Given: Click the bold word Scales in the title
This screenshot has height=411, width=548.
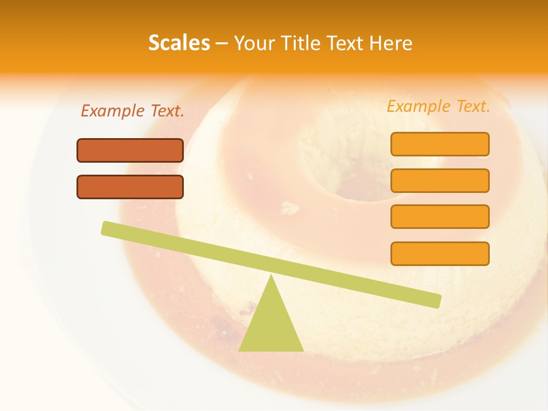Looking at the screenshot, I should [179, 43].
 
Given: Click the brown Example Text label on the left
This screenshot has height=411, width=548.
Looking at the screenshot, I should [132, 111].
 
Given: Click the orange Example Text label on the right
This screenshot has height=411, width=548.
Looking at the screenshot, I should [438, 106].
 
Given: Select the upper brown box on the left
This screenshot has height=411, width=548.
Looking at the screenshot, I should [130, 151].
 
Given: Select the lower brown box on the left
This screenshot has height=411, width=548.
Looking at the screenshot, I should [130, 187].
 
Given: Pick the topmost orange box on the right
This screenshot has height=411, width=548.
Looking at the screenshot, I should [440, 144].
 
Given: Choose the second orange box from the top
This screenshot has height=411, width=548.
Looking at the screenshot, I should [440, 180].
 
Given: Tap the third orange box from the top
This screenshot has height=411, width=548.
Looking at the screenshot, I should [440, 217].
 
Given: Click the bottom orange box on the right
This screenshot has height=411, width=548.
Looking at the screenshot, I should [440, 253].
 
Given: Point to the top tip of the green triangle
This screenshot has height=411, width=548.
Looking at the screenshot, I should [271, 276].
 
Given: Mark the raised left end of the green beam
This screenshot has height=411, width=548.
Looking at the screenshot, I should [106, 228].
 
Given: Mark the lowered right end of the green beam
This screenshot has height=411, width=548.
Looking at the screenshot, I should [436, 301].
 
